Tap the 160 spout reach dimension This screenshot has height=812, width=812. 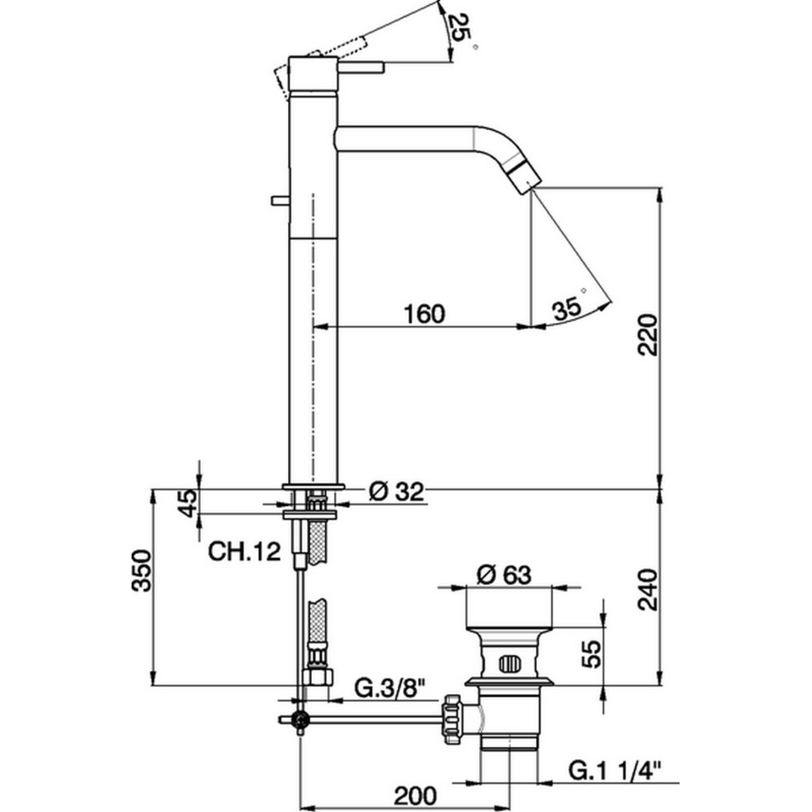[x=424, y=314]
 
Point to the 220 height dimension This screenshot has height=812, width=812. [x=648, y=334]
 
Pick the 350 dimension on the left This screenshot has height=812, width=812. [x=141, y=571]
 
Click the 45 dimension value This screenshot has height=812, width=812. [x=188, y=503]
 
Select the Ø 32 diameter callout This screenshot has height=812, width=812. [x=396, y=491]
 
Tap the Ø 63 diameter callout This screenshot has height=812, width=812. [x=504, y=575]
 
